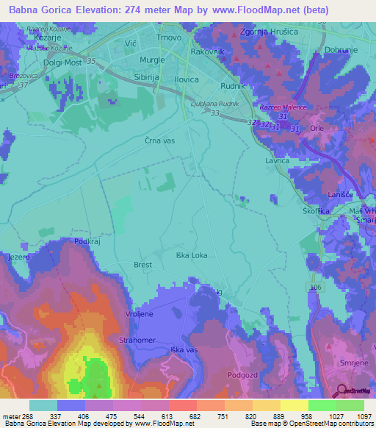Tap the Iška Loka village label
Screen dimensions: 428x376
[192, 256]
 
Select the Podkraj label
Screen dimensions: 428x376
[85, 241]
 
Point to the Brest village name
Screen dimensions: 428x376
[142, 265]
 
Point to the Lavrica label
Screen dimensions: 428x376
[278, 159]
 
